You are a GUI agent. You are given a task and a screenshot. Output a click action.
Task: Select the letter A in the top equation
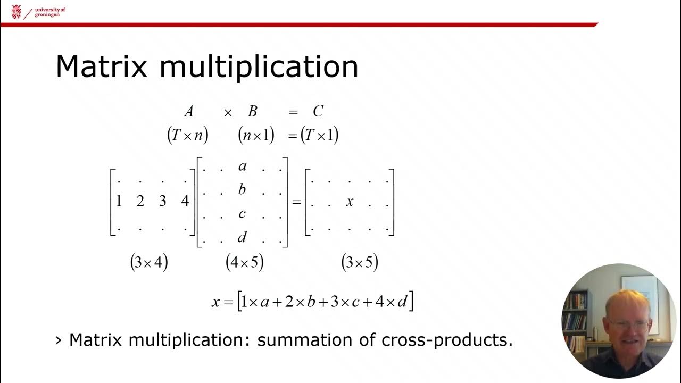(x=188, y=111)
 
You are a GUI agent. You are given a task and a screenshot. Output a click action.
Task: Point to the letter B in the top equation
(x=253, y=111)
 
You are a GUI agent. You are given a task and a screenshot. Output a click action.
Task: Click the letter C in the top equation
(x=318, y=111)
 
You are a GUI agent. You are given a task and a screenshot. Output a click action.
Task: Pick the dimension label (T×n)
(x=187, y=136)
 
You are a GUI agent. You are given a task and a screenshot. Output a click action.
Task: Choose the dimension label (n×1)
(x=256, y=136)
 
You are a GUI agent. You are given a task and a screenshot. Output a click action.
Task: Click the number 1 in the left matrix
(x=119, y=201)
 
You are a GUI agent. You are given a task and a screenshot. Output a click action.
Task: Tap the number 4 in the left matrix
(x=185, y=201)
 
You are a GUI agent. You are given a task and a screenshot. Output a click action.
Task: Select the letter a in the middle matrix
(x=242, y=166)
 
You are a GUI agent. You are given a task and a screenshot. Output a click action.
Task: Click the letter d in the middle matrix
(x=242, y=237)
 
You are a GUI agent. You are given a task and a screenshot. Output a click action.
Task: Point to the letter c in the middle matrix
(x=242, y=214)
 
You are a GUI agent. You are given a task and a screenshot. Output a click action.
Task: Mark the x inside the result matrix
(x=350, y=202)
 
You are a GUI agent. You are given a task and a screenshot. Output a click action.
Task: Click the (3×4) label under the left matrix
(x=149, y=263)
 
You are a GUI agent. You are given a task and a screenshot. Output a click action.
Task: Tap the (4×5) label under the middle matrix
(x=245, y=263)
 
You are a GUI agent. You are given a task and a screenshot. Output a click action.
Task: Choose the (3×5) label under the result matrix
(x=360, y=263)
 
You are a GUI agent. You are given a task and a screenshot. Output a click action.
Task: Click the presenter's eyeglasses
(x=628, y=323)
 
